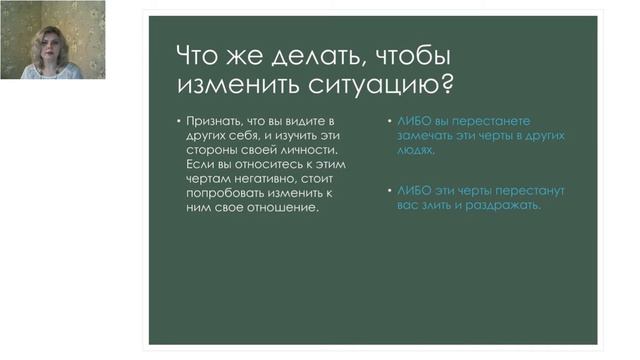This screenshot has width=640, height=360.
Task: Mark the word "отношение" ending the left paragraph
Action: [x=285, y=210]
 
